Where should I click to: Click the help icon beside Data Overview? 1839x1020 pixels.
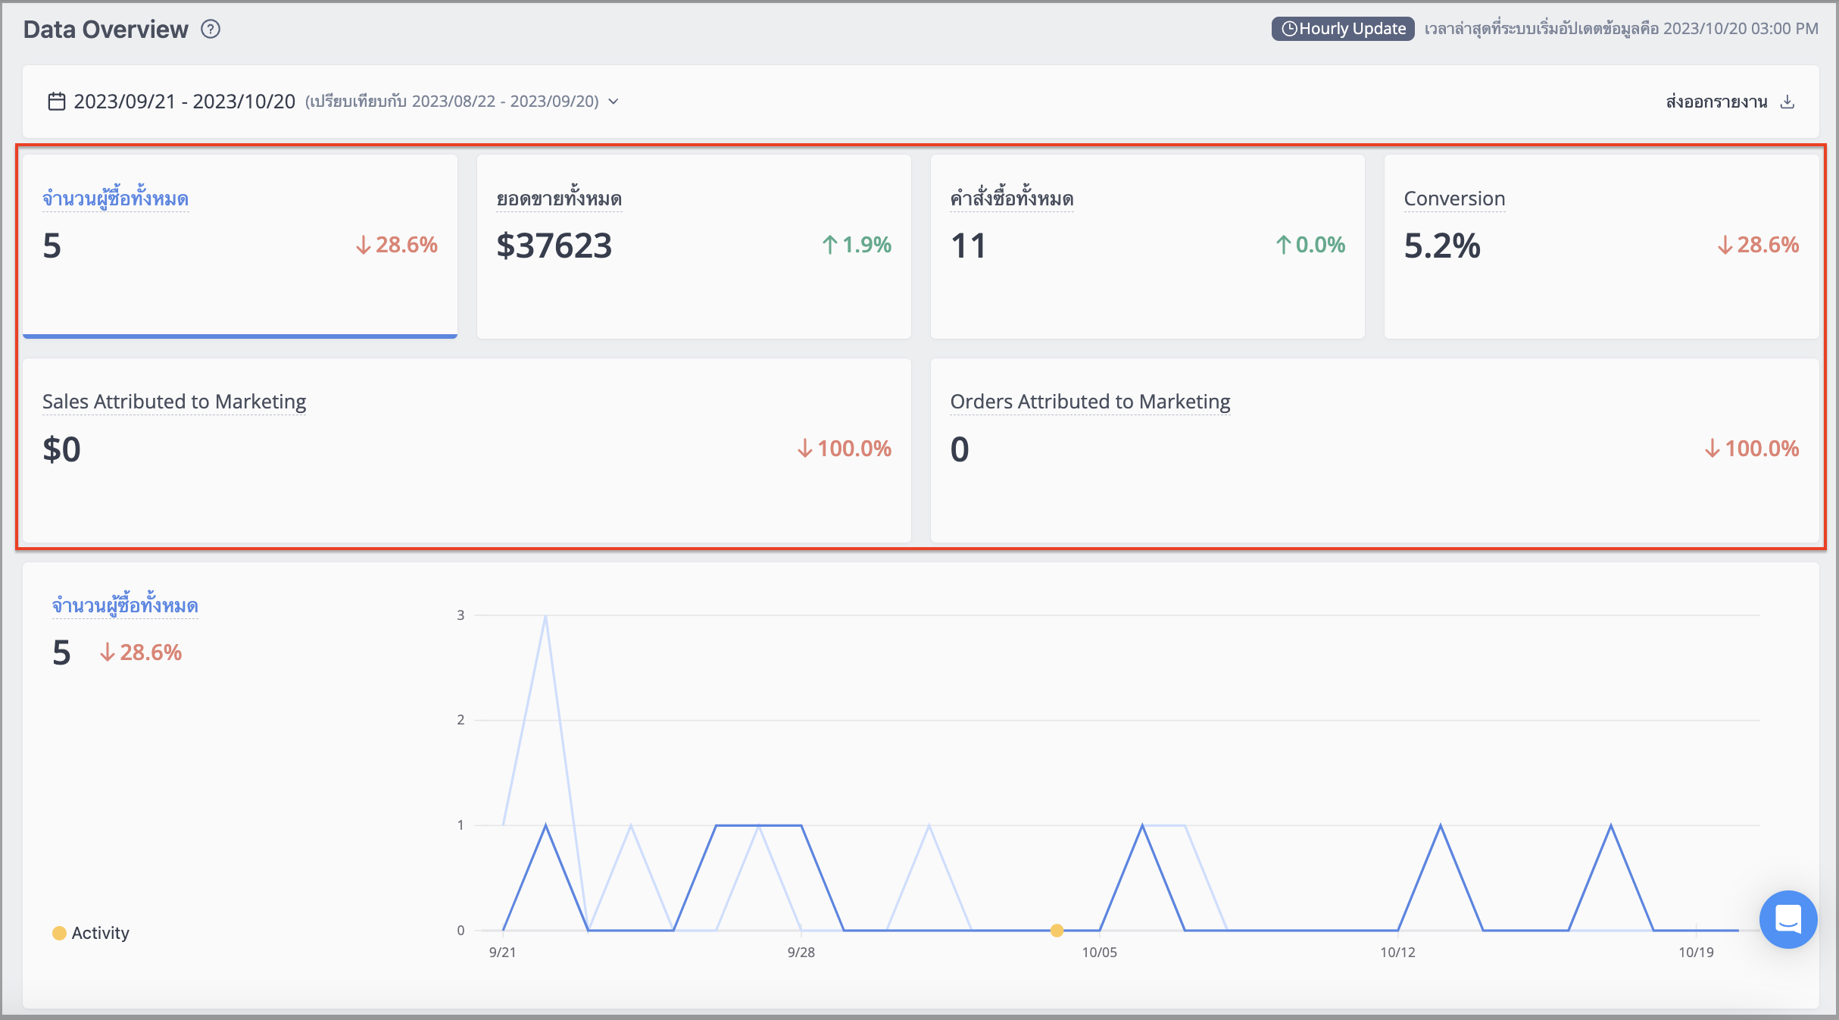[x=211, y=29]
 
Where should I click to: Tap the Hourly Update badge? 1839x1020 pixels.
[x=1343, y=29]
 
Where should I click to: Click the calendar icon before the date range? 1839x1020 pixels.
[x=57, y=102]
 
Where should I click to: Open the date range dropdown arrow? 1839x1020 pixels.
[x=614, y=102]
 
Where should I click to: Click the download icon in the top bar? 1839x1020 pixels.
[x=1787, y=102]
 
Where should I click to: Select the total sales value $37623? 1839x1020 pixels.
[x=554, y=246]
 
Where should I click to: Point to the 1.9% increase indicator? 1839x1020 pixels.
[x=857, y=245]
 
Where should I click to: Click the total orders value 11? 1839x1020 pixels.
[x=968, y=246]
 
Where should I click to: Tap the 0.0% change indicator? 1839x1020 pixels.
[x=1310, y=245]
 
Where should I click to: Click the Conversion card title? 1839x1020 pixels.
[x=1454, y=199]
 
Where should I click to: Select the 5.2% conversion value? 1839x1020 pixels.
[x=1442, y=246]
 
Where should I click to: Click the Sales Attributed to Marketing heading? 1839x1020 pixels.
[x=174, y=402]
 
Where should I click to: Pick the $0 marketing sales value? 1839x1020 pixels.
[x=61, y=449]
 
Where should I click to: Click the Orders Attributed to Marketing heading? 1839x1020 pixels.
[x=1091, y=402]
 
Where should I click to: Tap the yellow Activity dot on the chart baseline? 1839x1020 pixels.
[x=1057, y=930]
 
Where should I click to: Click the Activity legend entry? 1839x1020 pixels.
[x=91, y=933]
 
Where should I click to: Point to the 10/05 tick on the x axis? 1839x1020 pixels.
[x=1099, y=952]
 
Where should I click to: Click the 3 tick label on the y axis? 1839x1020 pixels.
[x=461, y=615]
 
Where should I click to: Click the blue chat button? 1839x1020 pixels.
[x=1788, y=919]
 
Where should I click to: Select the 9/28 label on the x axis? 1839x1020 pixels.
[x=801, y=952]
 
